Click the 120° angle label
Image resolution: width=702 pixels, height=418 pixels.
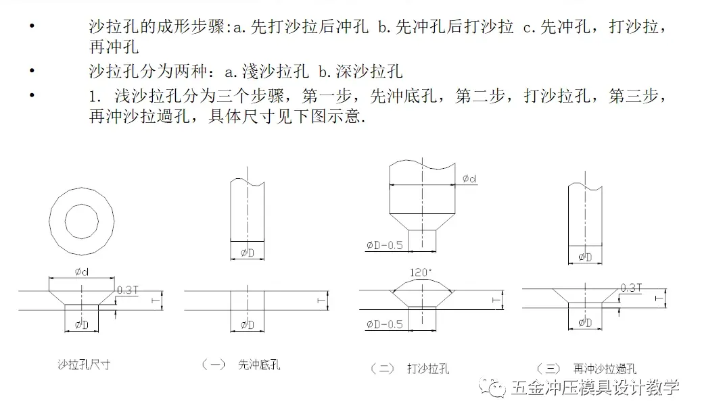[x=422, y=273]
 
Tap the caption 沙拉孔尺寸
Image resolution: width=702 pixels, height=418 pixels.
[x=84, y=365]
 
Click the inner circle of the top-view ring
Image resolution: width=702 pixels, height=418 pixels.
[x=82, y=219]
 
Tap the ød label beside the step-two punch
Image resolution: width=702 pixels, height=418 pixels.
[x=469, y=178]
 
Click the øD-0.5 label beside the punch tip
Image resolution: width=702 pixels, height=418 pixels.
[x=384, y=245]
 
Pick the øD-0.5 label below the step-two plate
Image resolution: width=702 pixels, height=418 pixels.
[x=384, y=324]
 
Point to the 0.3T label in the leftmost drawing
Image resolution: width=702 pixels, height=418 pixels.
[x=128, y=290]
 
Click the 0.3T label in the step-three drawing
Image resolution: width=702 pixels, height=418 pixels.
[x=631, y=288]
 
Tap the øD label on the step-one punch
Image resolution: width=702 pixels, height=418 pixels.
[x=248, y=253]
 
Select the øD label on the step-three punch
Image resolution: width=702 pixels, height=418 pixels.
[x=585, y=257]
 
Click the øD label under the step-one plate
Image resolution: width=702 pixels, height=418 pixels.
[x=248, y=325]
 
